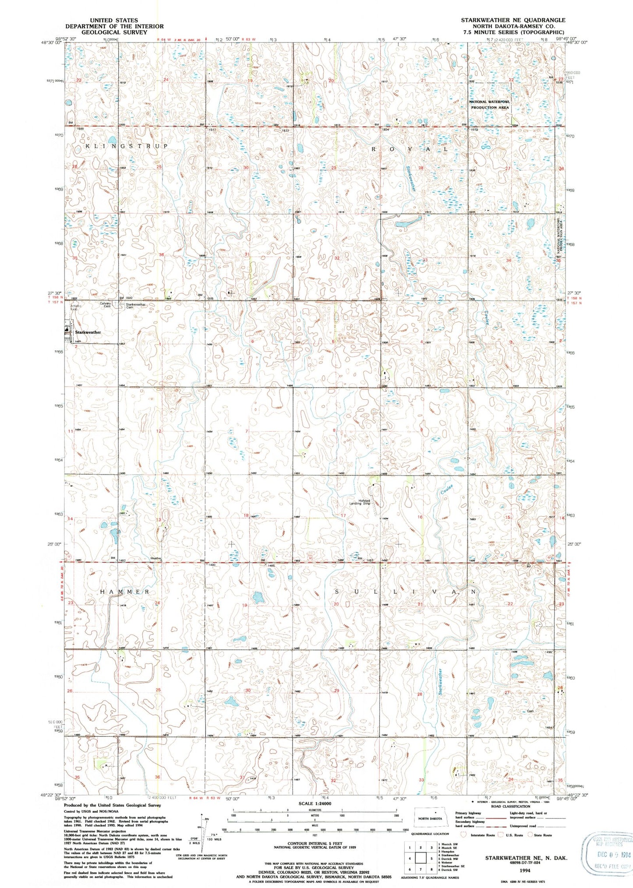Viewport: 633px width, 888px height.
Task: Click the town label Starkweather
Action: (88, 332)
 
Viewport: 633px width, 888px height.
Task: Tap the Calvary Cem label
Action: (105, 304)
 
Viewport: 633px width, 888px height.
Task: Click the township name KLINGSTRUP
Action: (126, 146)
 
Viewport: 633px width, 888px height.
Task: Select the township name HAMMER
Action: (125, 592)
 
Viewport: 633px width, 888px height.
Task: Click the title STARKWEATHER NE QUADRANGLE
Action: (513, 20)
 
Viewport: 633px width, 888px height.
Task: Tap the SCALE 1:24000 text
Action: (314, 803)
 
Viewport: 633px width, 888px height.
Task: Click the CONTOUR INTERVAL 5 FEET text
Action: (314, 843)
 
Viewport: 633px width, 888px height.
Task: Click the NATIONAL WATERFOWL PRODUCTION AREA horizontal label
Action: (489, 105)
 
